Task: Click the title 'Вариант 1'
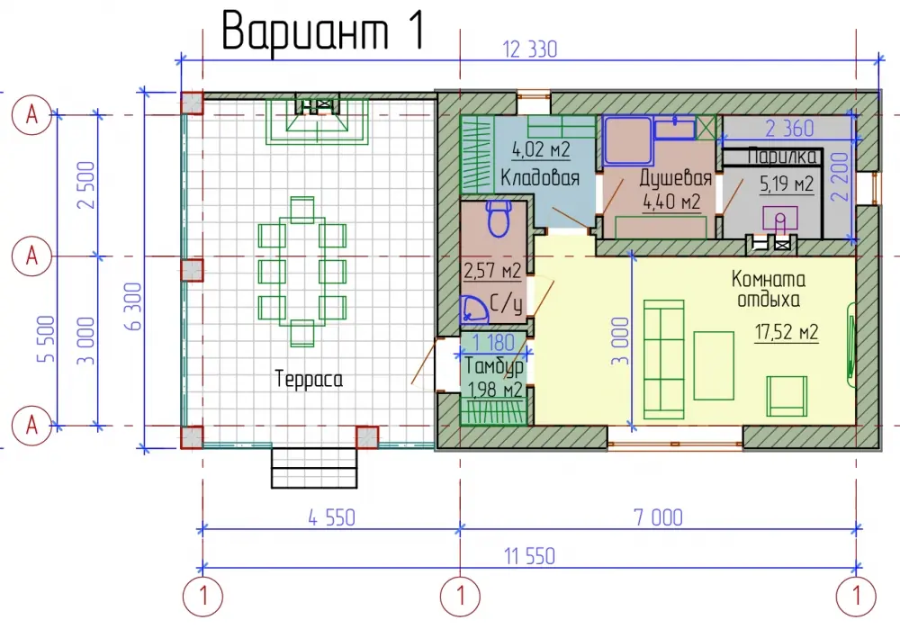coord(324,31)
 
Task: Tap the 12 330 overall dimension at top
coord(530,49)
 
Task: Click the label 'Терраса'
coord(309,380)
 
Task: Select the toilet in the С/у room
coord(499,218)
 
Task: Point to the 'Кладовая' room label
coord(539,178)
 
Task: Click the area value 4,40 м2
coord(671,202)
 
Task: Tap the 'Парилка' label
coord(782,157)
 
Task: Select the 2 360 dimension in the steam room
coord(789,128)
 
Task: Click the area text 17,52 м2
coord(787,332)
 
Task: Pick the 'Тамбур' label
coord(493,366)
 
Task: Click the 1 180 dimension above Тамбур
coord(493,343)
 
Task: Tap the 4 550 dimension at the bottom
coord(332,517)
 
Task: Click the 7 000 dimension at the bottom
coord(659,517)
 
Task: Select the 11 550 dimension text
coord(529,556)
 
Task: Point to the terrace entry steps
coord(314,468)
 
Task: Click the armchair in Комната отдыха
coord(787,395)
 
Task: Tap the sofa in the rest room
coord(663,359)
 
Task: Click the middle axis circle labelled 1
coord(460,597)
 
